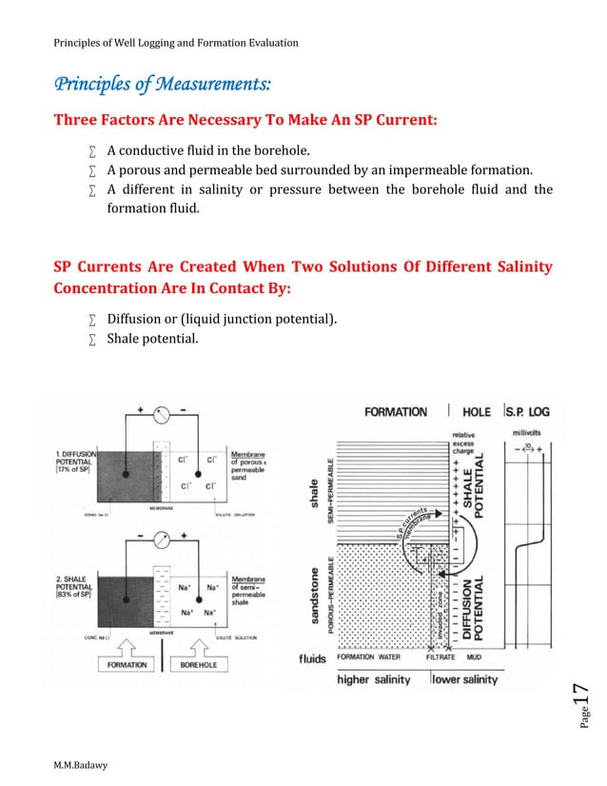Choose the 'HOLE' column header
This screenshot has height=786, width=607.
[x=476, y=411]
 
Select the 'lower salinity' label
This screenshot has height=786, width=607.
[x=465, y=679]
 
